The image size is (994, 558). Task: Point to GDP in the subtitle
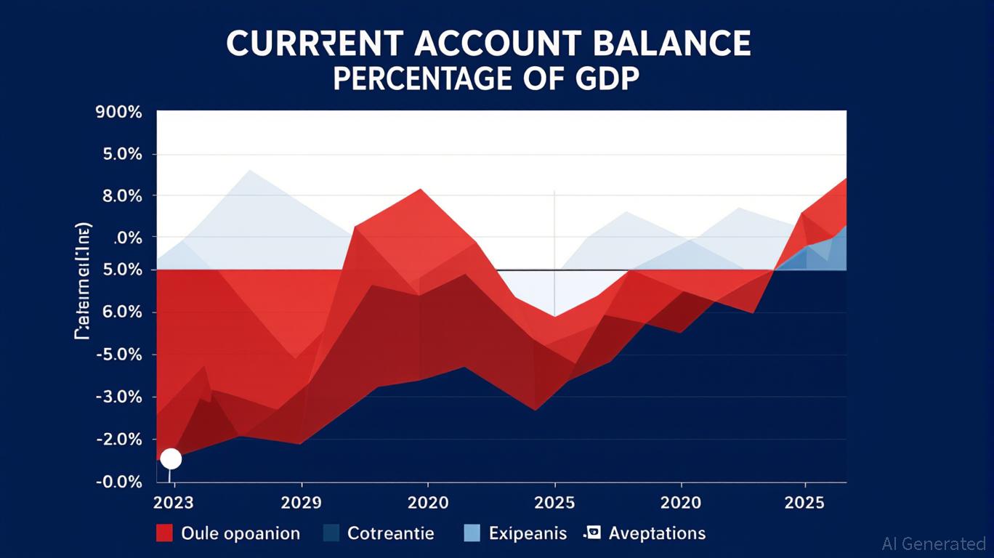coord(608,79)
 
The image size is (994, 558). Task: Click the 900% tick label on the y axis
coord(118,113)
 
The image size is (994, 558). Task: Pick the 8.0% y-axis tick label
coord(118,196)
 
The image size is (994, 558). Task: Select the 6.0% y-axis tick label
coord(118,312)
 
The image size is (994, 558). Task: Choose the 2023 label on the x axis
coord(174,503)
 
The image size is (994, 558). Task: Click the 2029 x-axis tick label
coord(301,503)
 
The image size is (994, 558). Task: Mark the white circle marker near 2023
coord(171,458)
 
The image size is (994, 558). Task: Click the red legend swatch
coord(165,533)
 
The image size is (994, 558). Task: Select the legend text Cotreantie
coord(390,533)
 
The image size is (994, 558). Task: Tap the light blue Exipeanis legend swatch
coord(472,533)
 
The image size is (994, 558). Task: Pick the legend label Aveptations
coord(657,533)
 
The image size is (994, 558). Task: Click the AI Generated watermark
coord(934,543)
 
